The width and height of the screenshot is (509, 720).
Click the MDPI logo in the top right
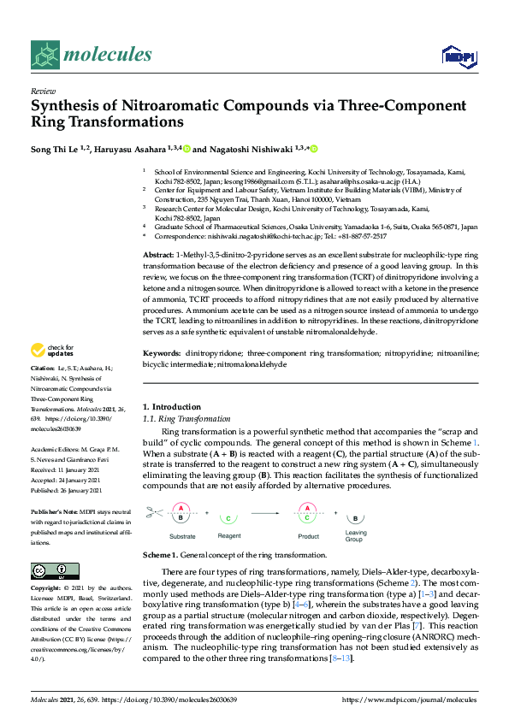click(459, 56)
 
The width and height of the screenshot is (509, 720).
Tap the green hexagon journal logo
click(44, 56)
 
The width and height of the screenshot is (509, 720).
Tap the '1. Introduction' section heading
click(171, 407)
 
